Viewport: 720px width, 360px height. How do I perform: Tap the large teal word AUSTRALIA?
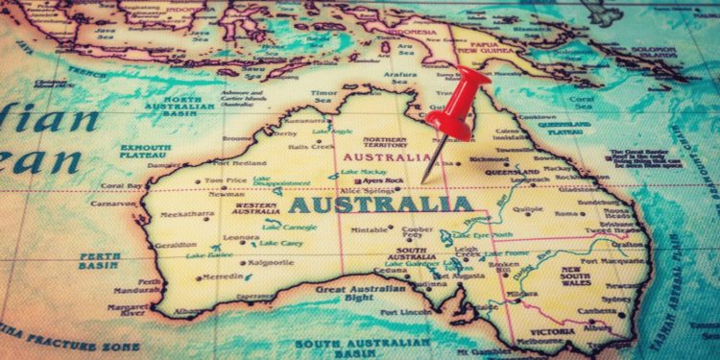(x=381, y=204)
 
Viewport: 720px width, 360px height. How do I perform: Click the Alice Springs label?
(x=368, y=190)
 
